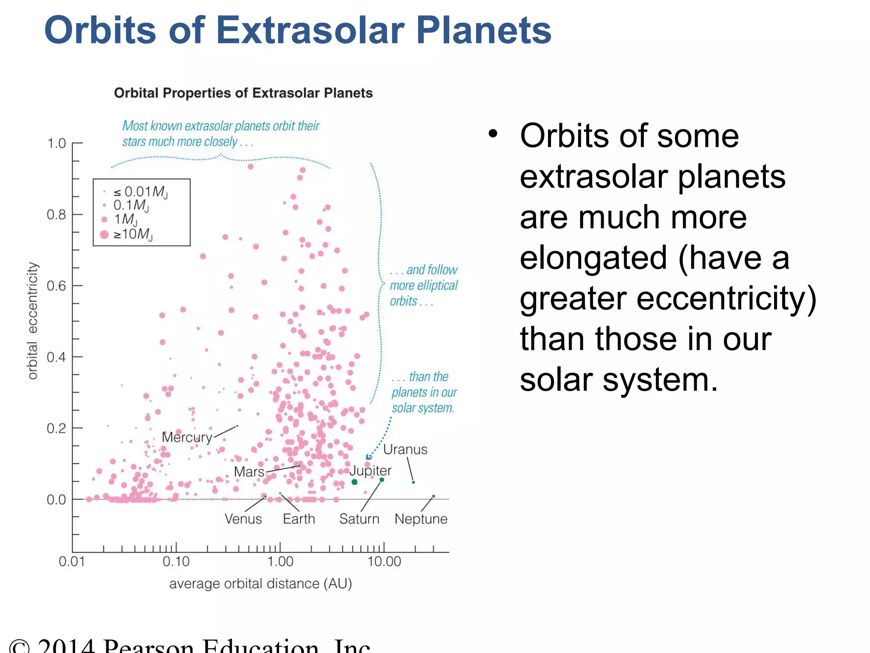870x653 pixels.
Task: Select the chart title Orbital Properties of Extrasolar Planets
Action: point(243,93)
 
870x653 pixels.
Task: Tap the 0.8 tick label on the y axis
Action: point(56,215)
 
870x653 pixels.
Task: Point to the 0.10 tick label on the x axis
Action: point(176,562)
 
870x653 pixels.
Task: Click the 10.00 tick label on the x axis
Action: point(384,562)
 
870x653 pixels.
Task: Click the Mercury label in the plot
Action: point(187,437)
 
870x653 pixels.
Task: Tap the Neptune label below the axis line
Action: point(421,519)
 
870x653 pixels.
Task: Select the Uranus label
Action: point(405,450)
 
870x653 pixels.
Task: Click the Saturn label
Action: point(359,519)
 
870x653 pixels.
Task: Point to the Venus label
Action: point(243,519)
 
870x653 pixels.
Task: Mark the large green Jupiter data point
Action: point(354,482)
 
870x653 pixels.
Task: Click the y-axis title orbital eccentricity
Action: point(33,321)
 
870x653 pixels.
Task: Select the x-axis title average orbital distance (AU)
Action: point(260,584)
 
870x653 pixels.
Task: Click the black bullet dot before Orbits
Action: point(493,134)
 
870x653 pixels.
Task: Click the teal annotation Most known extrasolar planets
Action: point(220,126)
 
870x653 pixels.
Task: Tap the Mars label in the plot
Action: point(249,472)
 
